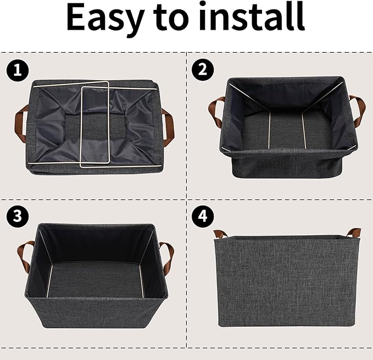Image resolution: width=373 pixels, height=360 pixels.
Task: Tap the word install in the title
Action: coord(254,18)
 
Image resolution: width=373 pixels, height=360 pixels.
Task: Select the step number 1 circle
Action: coord(17,70)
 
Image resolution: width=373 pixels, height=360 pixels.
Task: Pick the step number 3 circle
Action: coord(17,215)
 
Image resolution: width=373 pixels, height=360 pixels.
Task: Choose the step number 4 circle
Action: coord(202,215)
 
